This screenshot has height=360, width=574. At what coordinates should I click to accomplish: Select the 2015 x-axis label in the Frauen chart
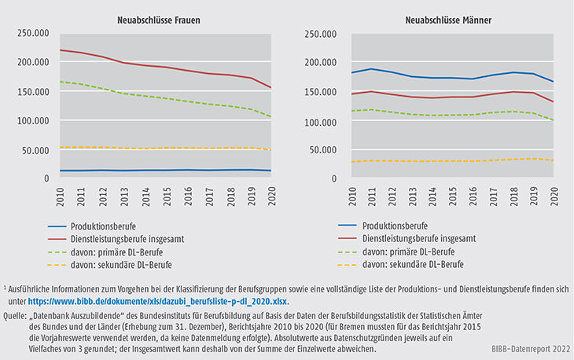click(167, 194)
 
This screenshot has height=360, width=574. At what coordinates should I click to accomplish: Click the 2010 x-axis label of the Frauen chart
click(61, 194)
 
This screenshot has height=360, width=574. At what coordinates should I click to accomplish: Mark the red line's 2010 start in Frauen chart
click(61, 50)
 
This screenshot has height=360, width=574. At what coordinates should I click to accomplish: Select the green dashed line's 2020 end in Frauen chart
click(272, 117)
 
